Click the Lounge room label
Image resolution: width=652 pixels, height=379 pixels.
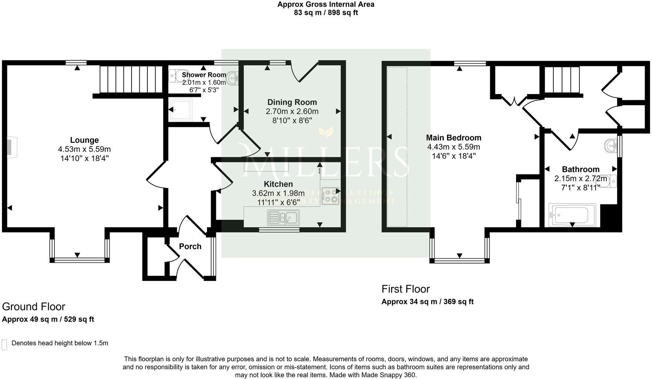click(x=84, y=140)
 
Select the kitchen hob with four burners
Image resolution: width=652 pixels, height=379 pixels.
click(x=330, y=196)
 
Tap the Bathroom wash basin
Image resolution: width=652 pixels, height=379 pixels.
click(x=611, y=146)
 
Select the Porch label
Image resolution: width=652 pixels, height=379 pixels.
click(x=190, y=246)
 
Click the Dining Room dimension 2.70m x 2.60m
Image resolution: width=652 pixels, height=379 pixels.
click(x=292, y=111)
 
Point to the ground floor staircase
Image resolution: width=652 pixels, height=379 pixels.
click(x=132, y=79)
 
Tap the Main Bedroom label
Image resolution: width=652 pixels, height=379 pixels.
click(x=453, y=138)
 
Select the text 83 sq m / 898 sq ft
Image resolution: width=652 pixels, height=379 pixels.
click(x=326, y=13)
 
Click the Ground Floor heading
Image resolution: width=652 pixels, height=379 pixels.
click(x=34, y=307)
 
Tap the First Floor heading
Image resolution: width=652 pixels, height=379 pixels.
click(x=406, y=289)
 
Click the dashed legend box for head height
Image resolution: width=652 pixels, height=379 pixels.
click(x=4, y=344)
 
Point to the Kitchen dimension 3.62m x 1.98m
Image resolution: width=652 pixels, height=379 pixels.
click(x=278, y=193)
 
